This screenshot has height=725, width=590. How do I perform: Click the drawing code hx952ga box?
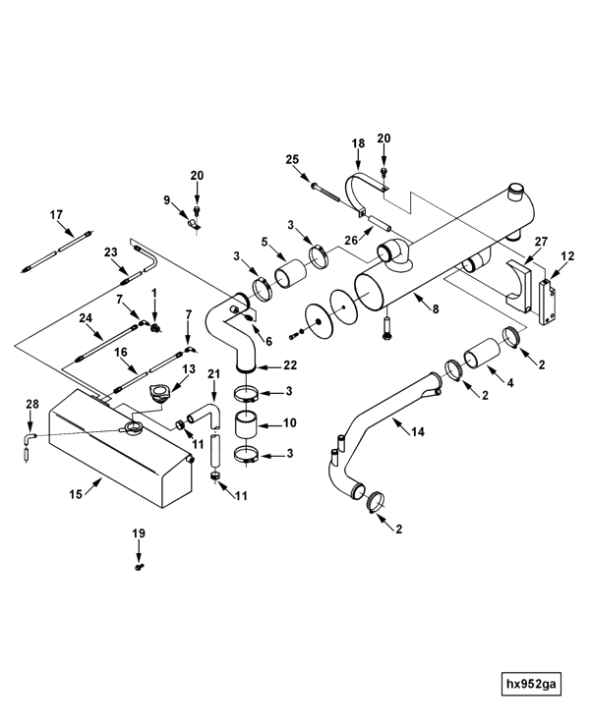pyautogui.click(x=531, y=684)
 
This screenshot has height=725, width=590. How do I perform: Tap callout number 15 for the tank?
pyautogui.click(x=76, y=494)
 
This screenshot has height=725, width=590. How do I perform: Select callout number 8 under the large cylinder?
pyautogui.click(x=436, y=308)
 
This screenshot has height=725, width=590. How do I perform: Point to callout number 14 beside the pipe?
pyautogui.click(x=417, y=432)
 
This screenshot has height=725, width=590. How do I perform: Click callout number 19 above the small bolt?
pyautogui.click(x=139, y=533)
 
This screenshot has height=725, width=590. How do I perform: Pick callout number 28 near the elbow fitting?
pyautogui.click(x=32, y=404)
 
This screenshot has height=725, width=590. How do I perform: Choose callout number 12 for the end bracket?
pyautogui.click(x=567, y=256)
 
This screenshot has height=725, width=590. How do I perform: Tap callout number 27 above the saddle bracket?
pyautogui.click(x=541, y=242)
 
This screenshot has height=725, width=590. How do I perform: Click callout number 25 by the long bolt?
pyautogui.click(x=292, y=159)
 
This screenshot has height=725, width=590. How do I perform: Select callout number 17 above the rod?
pyautogui.click(x=56, y=215)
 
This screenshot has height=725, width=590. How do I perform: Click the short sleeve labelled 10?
pyautogui.click(x=247, y=424)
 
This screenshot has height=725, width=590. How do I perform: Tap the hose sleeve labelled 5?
pyautogui.click(x=290, y=274)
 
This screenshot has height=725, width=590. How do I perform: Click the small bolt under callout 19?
pyautogui.click(x=139, y=567)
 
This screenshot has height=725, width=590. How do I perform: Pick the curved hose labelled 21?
pyautogui.click(x=204, y=415)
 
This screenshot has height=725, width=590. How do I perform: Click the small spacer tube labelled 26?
pyautogui.click(x=380, y=225)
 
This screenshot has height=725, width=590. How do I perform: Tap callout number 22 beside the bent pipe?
pyautogui.click(x=290, y=365)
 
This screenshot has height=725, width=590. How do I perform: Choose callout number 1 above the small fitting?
pyautogui.click(x=154, y=293)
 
